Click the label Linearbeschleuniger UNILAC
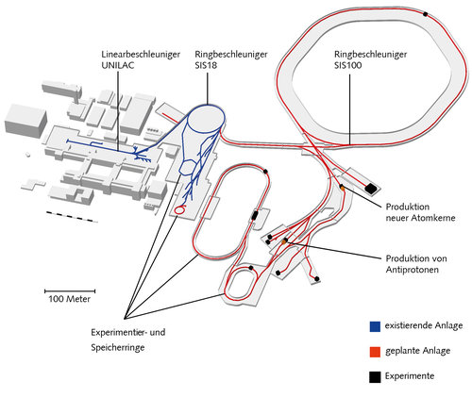pyautogui.click(x=141, y=59)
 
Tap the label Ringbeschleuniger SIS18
pyautogui.click(x=231, y=59)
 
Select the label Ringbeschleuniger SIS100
pyautogui.click(x=370, y=59)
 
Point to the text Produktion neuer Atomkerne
pyautogui.click(x=420, y=212)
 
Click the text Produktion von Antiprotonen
pyautogui.click(x=416, y=264)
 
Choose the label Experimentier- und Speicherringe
pyautogui.click(x=128, y=340)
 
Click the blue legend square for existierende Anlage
pyautogui.click(x=375, y=326)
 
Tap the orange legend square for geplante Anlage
pyautogui.click(x=375, y=352)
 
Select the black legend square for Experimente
pyautogui.click(x=375, y=377)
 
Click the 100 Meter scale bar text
pyautogui.click(x=69, y=299)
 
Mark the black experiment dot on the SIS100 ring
pyautogui.click(x=426, y=14)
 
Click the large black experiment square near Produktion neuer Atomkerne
pyautogui.click(x=371, y=188)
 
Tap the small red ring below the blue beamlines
pyautogui.click(x=180, y=209)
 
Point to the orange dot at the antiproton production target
pyautogui.click(x=284, y=241)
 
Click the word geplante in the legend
pyautogui.click(x=400, y=351)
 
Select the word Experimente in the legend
pyautogui.click(x=410, y=375)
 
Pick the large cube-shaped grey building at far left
pyautogui.click(x=25, y=121)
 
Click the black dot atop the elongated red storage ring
pyautogui.click(x=265, y=172)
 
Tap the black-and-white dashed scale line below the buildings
pyautogui.click(x=72, y=217)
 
